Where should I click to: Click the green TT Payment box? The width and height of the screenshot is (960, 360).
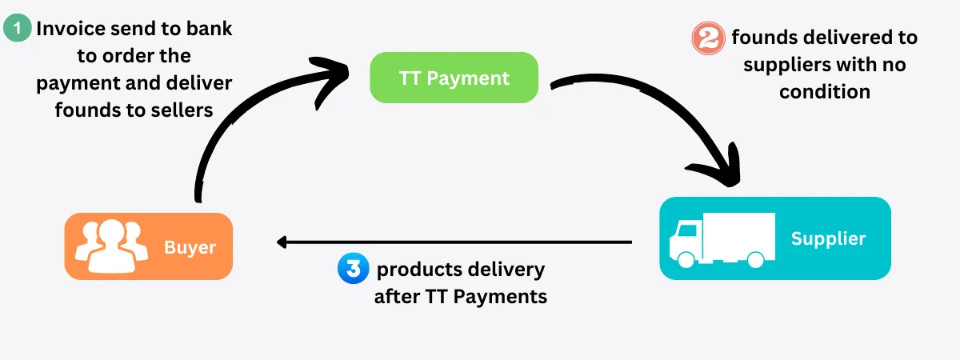click(x=454, y=78)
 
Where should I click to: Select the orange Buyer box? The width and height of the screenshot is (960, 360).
click(x=148, y=246)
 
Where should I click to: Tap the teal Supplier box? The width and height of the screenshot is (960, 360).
click(x=774, y=238)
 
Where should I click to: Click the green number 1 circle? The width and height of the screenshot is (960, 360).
click(x=17, y=30)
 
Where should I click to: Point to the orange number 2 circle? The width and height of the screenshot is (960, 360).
click(x=707, y=38)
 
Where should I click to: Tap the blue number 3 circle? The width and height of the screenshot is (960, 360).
click(x=352, y=269)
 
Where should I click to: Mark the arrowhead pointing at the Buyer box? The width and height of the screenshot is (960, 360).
click(x=282, y=242)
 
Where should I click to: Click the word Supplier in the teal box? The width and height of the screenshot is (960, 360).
click(x=828, y=238)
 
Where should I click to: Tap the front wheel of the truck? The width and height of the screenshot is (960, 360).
click(x=686, y=259)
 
